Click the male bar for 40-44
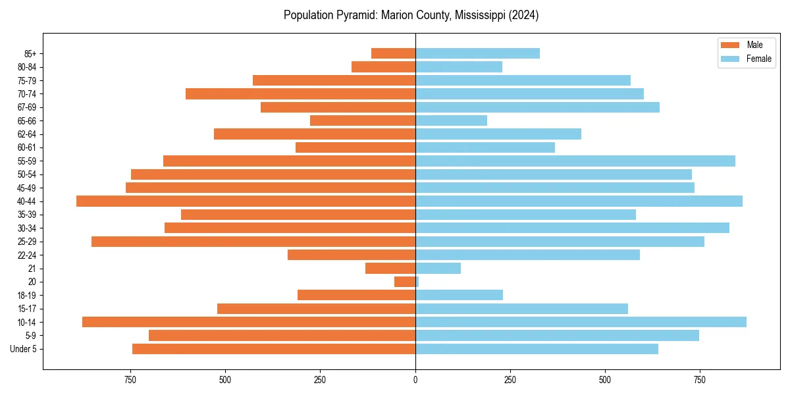[x=246, y=201]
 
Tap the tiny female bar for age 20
[x=417, y=282]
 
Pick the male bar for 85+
[x=393, y=53]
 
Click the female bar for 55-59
[x=575, y=161]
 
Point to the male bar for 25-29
[x=253, y=242]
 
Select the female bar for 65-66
[x=451, y=120]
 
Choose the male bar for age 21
[x=390, y=268]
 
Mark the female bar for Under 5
[x=537, y=349]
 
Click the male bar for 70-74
[x=300, y=93]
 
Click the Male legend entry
[x=754, y=45]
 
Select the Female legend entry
[x=758, y=59]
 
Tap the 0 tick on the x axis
[x=415, y=380]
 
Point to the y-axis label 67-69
[x=27, y=107]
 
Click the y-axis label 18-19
[x=27, y=296]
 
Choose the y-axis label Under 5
[x=23, y=349]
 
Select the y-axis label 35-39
[x=27, y=215]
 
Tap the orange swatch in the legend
[x=731, y=45]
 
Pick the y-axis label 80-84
[x=27, y=67]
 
